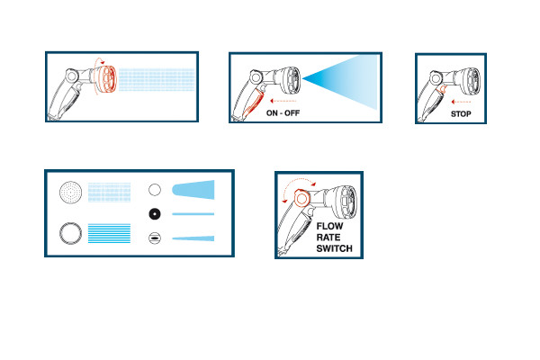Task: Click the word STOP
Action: (461, 114)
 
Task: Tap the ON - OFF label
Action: (283, 113)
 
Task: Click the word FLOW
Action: (329, 226)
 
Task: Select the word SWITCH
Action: (334, 248)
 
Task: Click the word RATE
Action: (328, 238)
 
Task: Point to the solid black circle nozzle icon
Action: (155, 214)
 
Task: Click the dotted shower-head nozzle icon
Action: (70, 192)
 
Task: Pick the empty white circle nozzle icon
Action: (155, 190)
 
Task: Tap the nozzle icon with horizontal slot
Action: (155, 238)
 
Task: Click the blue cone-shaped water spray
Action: (340, 81)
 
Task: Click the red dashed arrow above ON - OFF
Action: (283, 101)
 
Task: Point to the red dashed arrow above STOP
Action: (461, 102)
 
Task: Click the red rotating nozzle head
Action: (107, 79)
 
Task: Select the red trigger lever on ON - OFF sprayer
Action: (252, 103)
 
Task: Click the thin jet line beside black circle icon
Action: (193, 214)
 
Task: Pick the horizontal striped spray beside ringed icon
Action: (109, 233)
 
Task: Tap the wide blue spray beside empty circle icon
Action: (193, 190)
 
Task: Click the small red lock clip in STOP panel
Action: (441, 90)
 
